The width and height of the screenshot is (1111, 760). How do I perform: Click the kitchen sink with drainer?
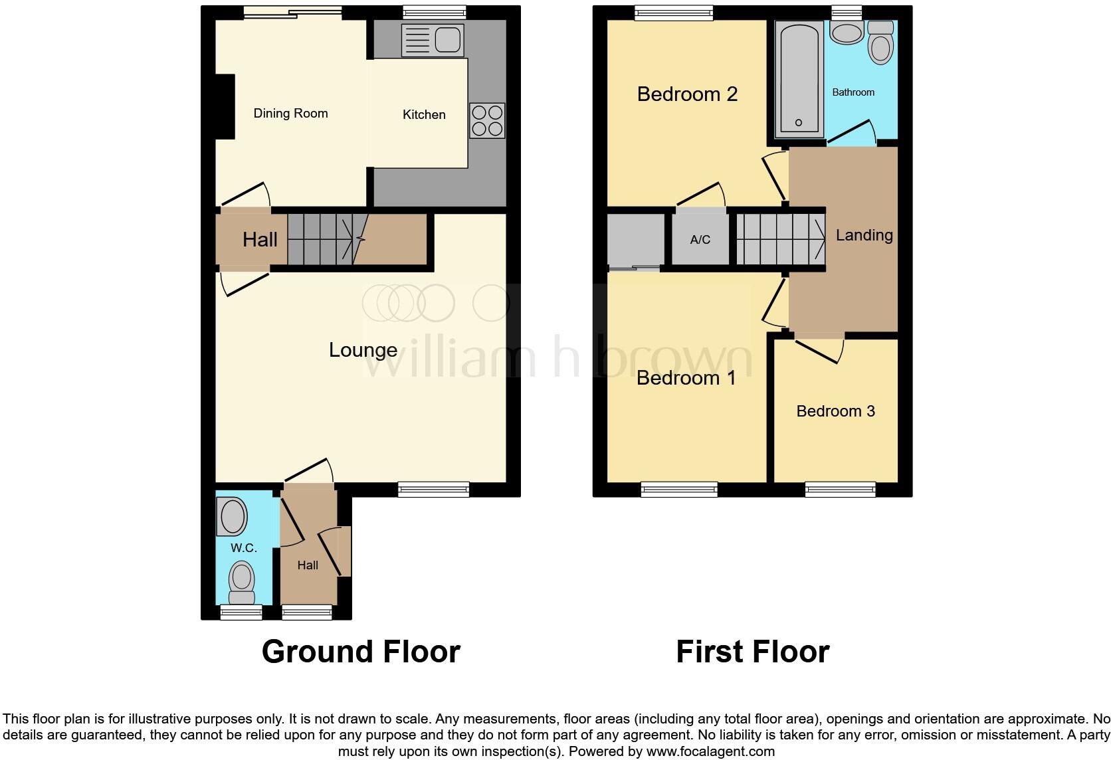tap(431, 41)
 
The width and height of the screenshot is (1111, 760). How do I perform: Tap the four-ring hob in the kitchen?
tap(487, 120)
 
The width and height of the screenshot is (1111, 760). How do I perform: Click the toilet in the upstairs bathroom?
tap(881, 43)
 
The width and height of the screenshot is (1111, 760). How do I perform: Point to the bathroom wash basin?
tap(847, 33)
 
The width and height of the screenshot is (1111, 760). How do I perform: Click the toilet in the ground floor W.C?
tap(241, 580)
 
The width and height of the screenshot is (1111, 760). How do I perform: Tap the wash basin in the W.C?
tap(233, 516)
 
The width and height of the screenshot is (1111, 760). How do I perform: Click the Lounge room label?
tap(363, 350)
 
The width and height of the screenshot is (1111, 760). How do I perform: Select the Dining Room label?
tap(290, 114)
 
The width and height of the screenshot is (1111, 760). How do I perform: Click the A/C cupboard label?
tap(700, 240)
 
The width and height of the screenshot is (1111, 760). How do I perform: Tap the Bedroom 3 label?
tap(835, 411)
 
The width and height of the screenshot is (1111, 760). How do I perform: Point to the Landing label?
tap(864, 235)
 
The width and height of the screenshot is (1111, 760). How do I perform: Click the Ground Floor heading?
tap(361, 652)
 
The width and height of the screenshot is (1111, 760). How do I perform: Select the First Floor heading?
tap(752, 652)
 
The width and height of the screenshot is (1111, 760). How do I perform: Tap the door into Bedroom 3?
tap(819, 350)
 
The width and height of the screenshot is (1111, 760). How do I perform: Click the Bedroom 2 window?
tap(673, 13)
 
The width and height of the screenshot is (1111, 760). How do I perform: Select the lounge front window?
tap(433, 490)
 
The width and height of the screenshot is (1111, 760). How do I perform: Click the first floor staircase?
tap(779, 238)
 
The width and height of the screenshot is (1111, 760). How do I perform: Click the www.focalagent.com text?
tap(710, 751)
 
